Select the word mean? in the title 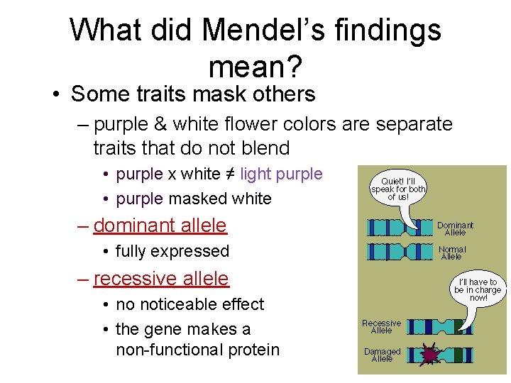point(255,67)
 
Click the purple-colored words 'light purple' point(281,174)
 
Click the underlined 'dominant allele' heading point(160,226)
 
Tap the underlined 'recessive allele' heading point(160,279)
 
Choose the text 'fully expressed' point(172,251)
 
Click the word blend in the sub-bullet point(265,148)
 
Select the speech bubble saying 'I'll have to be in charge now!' point(478,289)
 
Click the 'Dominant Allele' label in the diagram point(455,228)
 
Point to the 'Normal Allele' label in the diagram point(452,252)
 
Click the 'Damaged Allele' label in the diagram point(382,355)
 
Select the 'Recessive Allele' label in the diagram point(381,326)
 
